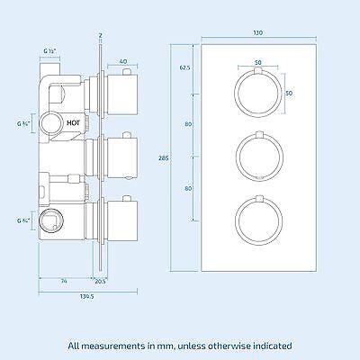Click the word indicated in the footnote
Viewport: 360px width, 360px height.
(x=272, y=345)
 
